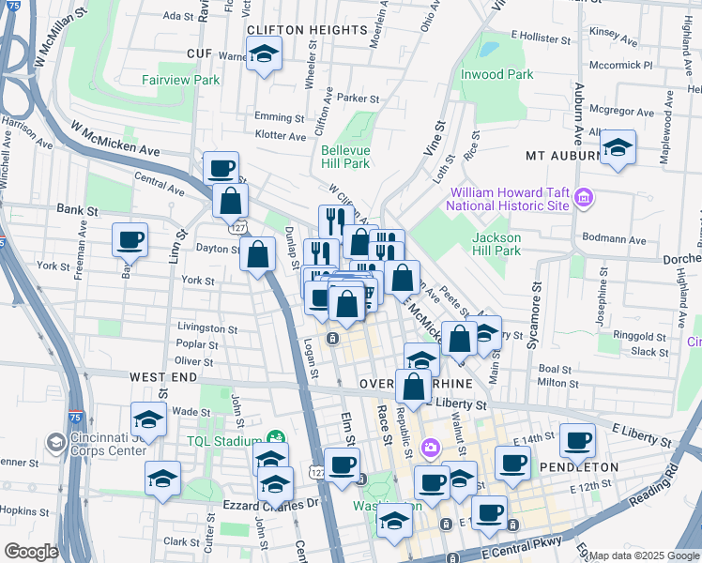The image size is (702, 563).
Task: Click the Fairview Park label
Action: [181, 81]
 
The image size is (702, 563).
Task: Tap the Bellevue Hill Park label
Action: [345, 157]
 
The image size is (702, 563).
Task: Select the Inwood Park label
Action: [496, 74]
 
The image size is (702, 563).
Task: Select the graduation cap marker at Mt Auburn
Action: [618, 147]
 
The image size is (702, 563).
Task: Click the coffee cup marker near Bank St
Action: [130, 238]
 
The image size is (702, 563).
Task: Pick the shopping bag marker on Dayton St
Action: [257, 253]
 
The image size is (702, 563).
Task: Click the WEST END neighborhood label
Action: [163, 376]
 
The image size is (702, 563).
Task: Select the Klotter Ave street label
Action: [280, 136]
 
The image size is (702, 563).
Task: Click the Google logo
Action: [31, 552]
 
